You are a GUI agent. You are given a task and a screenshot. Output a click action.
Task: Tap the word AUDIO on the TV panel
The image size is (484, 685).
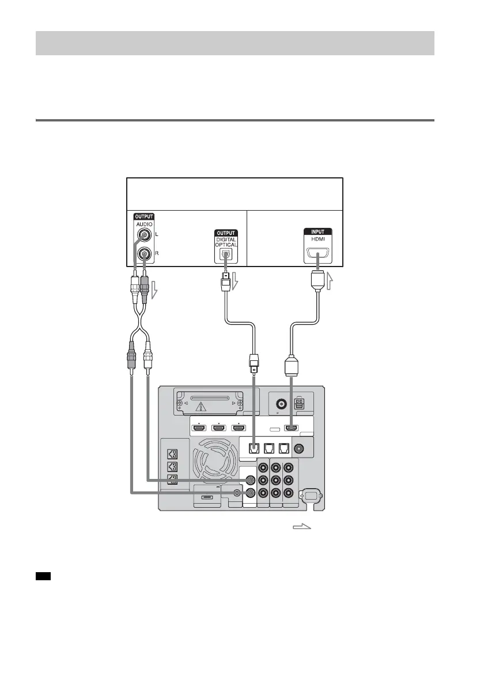[x=144, y=226]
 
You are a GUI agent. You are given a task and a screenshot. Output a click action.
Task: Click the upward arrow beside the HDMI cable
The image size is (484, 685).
[x=330, y=281]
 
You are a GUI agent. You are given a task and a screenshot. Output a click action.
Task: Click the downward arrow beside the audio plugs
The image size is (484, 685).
[x=153, y=294]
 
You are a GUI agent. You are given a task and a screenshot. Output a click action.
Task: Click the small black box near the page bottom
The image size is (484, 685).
[x=44, y=575]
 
